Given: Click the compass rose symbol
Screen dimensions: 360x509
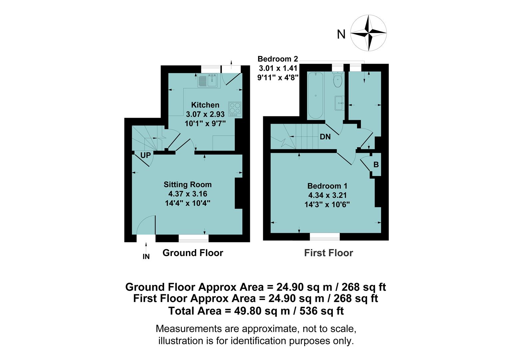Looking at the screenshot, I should click(368, 33).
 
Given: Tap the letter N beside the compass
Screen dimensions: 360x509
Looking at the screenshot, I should click(341, 34).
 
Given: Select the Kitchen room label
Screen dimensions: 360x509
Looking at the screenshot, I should click(205, 105).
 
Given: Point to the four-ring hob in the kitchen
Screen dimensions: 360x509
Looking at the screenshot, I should click(235, 109).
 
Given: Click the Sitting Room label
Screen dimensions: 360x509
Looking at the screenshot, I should click(188, 184).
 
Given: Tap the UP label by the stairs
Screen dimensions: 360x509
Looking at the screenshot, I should click(146, 155).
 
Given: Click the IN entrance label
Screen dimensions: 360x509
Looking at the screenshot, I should click(146, 256).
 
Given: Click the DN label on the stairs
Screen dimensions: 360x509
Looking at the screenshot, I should click(325, 137).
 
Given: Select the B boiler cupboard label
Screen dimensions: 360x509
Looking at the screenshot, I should click(376, 165).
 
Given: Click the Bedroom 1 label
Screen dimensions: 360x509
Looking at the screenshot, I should click(327, 186).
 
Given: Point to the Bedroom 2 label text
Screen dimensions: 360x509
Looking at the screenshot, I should click(278, 59).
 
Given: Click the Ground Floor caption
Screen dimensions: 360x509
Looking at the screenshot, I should click(193, 253).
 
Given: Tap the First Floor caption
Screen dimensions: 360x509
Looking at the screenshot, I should click(328, 253).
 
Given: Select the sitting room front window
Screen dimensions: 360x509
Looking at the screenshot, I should click(194, 238).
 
